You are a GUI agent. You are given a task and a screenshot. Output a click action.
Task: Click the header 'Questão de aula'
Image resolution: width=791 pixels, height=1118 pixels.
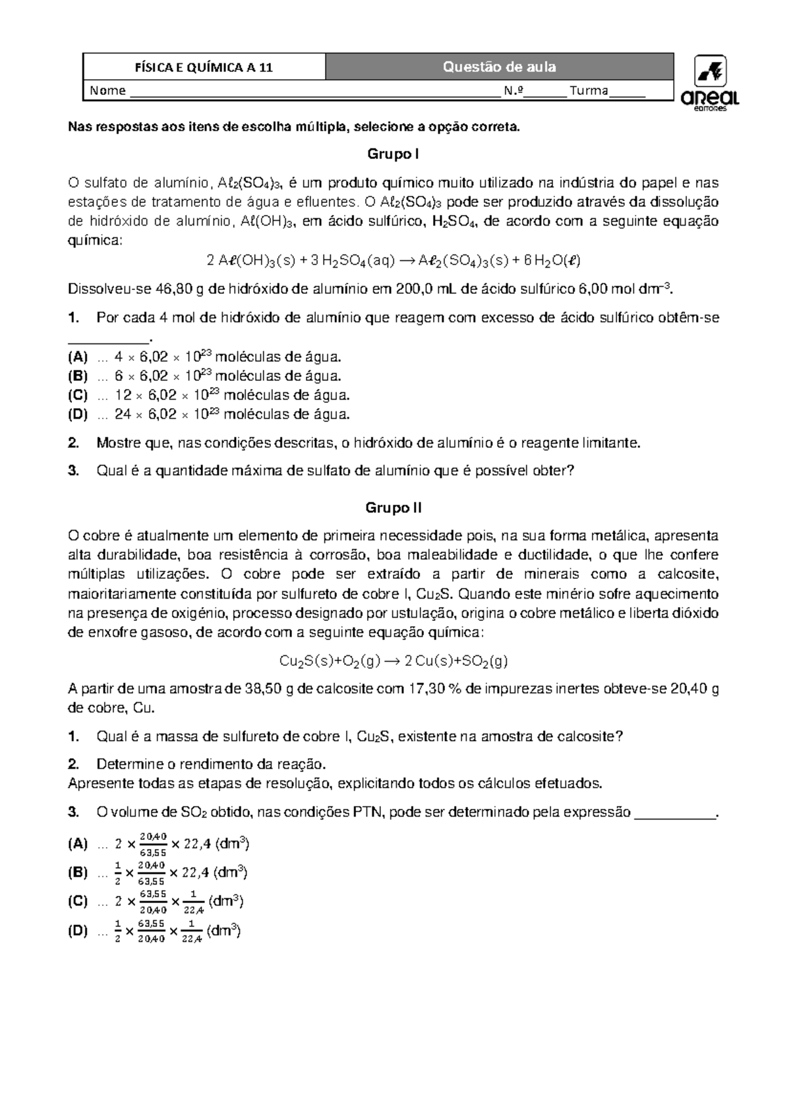(499, 67)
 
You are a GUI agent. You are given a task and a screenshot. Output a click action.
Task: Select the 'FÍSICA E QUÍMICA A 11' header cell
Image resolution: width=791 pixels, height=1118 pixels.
(204, 67)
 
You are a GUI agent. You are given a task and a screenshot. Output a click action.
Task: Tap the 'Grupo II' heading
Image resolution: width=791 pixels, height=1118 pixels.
(393, 508)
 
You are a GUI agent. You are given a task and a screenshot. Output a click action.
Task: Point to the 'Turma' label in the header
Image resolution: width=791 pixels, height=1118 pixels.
(589, 91)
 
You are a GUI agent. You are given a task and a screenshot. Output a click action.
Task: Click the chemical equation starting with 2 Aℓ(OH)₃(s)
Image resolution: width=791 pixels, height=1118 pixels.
(393, 261)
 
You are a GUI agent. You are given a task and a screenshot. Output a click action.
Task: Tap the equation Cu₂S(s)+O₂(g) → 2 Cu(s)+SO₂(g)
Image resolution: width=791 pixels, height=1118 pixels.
(394, 661)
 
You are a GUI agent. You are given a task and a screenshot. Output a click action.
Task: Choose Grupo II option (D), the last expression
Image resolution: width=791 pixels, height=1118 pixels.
(168, 932)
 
